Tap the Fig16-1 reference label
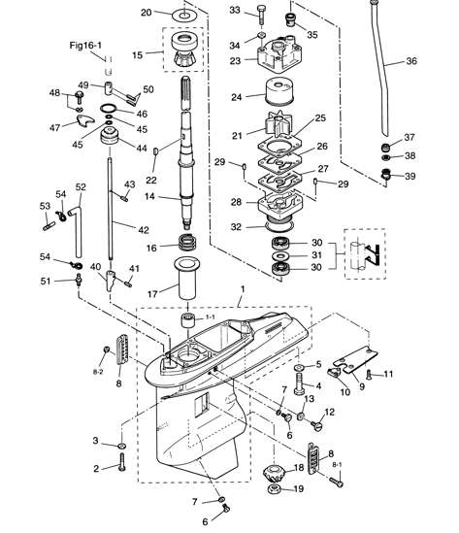86,45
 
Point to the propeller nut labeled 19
271,489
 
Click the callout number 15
138,55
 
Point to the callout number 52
81,186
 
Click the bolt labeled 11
372,374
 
